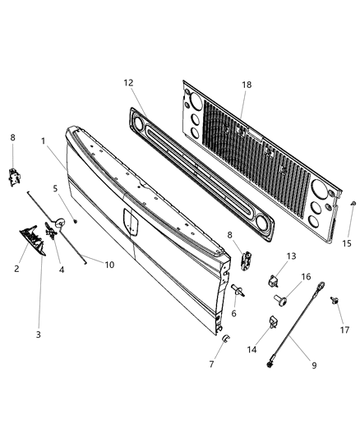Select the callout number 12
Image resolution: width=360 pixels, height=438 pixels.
(x=128, y=84)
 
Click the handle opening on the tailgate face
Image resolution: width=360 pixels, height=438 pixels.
(x=129, y=219)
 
